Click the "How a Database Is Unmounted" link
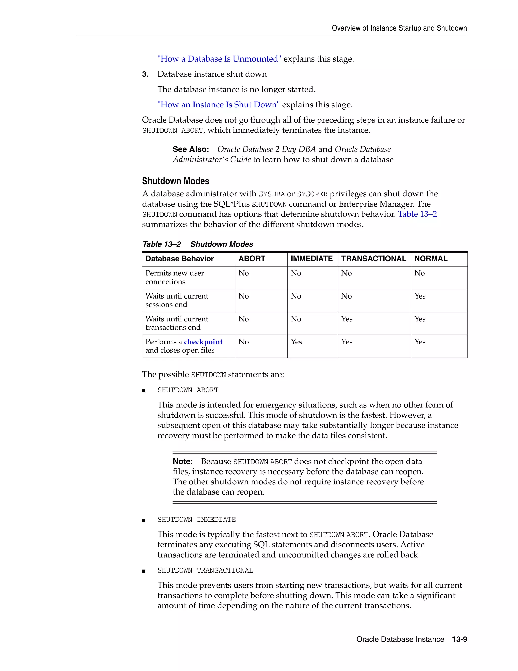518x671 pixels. [x=219, y=59]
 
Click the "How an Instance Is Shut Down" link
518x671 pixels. [x=219, y=105]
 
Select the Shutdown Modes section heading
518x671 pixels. [x=176, y=181]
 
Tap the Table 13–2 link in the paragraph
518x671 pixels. [x=417, y=214]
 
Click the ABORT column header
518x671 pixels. [x=252, y=259]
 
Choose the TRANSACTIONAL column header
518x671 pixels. [x=374, y=259]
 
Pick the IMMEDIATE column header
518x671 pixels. [x=311, y=259]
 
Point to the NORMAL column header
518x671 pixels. [x=431, y=259]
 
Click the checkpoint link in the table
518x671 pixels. [x=203, y=342]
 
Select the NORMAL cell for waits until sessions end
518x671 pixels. [x=420, y=296]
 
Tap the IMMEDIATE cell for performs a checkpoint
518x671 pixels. [x=296, y=342]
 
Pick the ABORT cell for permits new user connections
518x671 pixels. [x=244, y=273]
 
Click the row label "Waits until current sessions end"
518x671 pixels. [x=177, y=300]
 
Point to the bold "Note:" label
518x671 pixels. [x=183, y=461]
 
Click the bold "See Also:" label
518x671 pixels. [x=190, y=149]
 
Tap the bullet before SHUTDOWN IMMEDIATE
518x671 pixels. [x=144, y=520]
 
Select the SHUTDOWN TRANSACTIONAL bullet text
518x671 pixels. [x=205, y=570]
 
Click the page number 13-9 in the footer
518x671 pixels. [x=459, y=639]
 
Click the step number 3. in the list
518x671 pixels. [x=145, y=74]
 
